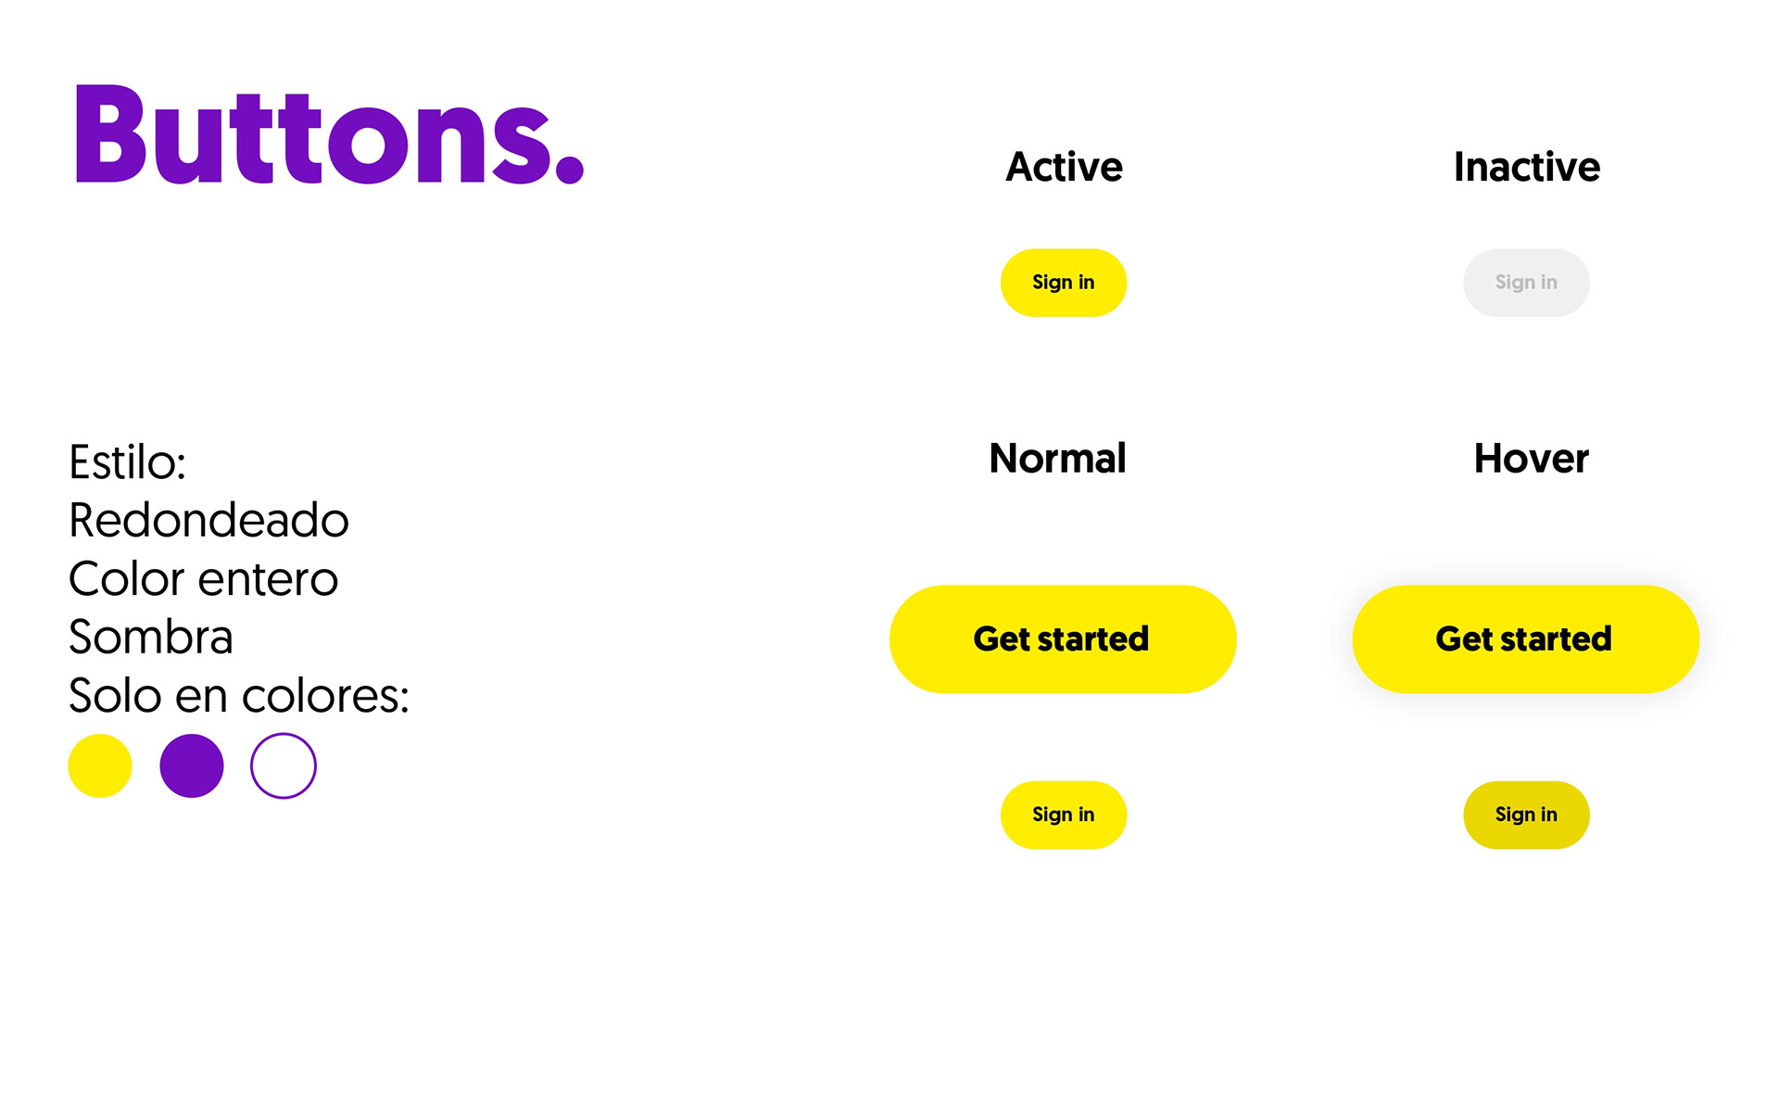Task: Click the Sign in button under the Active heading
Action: tap(1064, 283)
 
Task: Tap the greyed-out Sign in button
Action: tap(1526, 283)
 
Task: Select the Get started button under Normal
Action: tap(1063, 639)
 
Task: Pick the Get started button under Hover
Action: tap(1525, 639)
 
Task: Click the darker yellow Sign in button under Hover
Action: tap(1526, 815)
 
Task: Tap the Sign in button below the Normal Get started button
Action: tap(1064, 815)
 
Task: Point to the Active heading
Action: tap(1064, 167)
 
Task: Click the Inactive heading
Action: tap(1527, 167)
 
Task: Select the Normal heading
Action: tap(1057, 459)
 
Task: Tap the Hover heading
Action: tap(1532, 459)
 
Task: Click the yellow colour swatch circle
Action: tap(100, 766)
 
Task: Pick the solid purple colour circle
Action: tap(192, 766)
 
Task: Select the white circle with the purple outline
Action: tap(284, 734)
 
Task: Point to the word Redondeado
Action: tap(209, 520)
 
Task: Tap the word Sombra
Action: tap(151, 637)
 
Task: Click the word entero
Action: tap(268, 580)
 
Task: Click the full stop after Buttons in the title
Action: tap(569, 169)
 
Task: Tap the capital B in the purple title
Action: tap(109, 134)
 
